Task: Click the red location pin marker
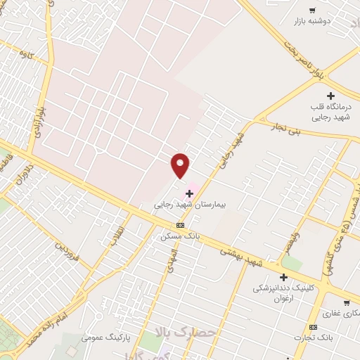(x=181, y=165)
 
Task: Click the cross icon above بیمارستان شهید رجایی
(x=189, y=193)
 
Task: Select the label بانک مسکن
(x=180, y=237)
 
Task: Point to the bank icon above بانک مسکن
(x=181, y=225)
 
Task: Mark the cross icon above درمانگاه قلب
(x=331, y=95)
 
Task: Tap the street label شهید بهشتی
(x=240, y=257)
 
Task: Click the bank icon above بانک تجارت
(x=313, y=327)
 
